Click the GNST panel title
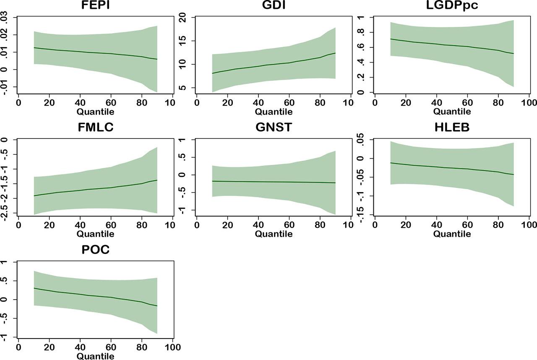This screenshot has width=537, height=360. (274, 128)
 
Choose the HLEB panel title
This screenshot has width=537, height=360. (452, 128)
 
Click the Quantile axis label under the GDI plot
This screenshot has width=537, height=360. (274, 112)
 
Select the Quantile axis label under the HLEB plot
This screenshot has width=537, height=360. (452, 234)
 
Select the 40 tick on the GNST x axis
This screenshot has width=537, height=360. (258, 225)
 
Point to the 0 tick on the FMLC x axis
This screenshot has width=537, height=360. (18, 225)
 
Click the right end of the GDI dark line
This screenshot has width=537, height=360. (335, 53)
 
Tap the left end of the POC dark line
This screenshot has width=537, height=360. (34, 288)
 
